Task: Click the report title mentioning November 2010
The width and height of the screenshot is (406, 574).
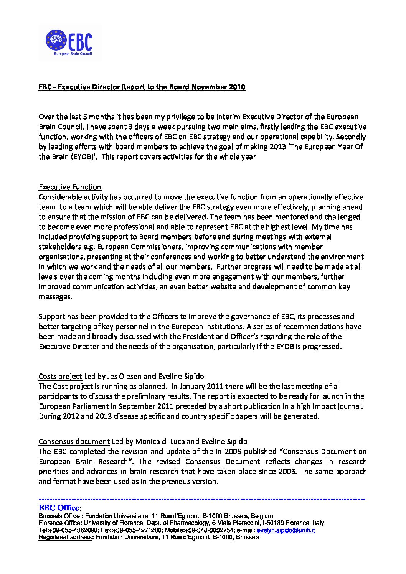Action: (142, 87)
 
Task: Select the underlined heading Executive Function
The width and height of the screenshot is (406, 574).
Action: (70, 187)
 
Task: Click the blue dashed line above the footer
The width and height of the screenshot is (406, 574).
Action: (202, 500)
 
